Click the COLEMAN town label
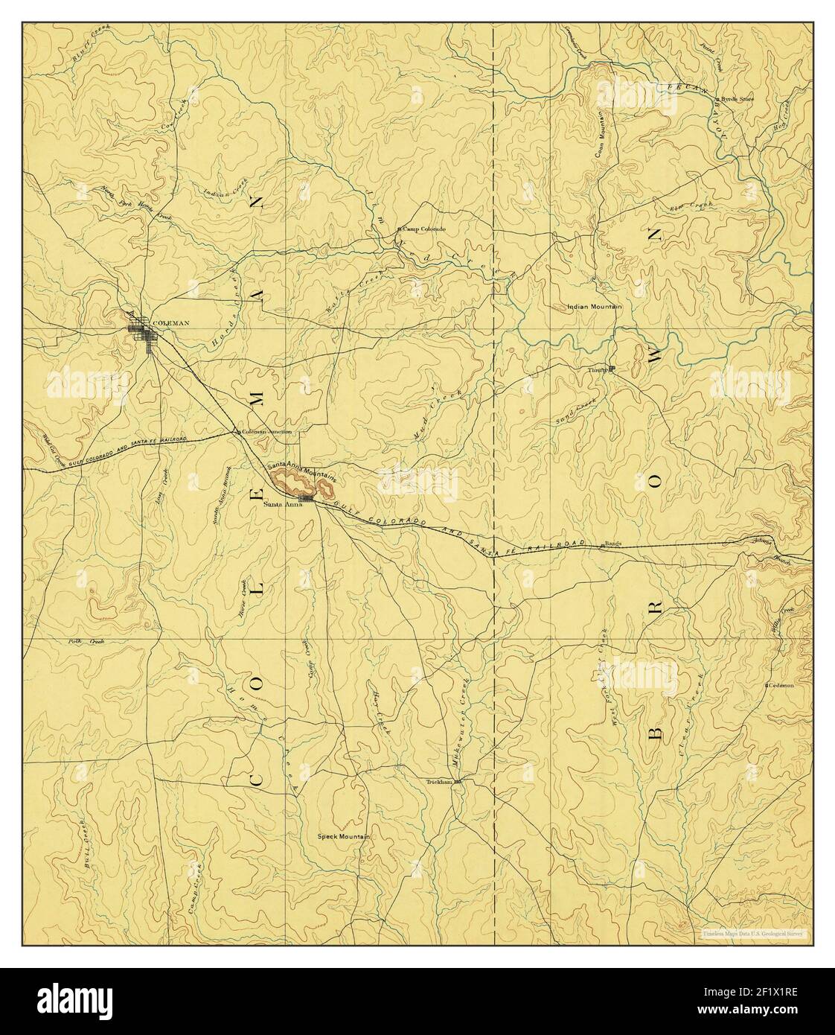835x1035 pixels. click(x=170, y=323)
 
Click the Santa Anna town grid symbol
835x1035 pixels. click(x=305, y=497)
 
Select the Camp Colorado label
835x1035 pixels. click(x=423, y=229)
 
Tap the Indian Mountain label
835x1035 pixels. click(x=594, y=306)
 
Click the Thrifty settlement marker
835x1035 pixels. click(x=611, y=368)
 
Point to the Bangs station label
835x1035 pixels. click(x=612, y=544)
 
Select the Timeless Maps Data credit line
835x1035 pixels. click(x=755, y=933)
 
